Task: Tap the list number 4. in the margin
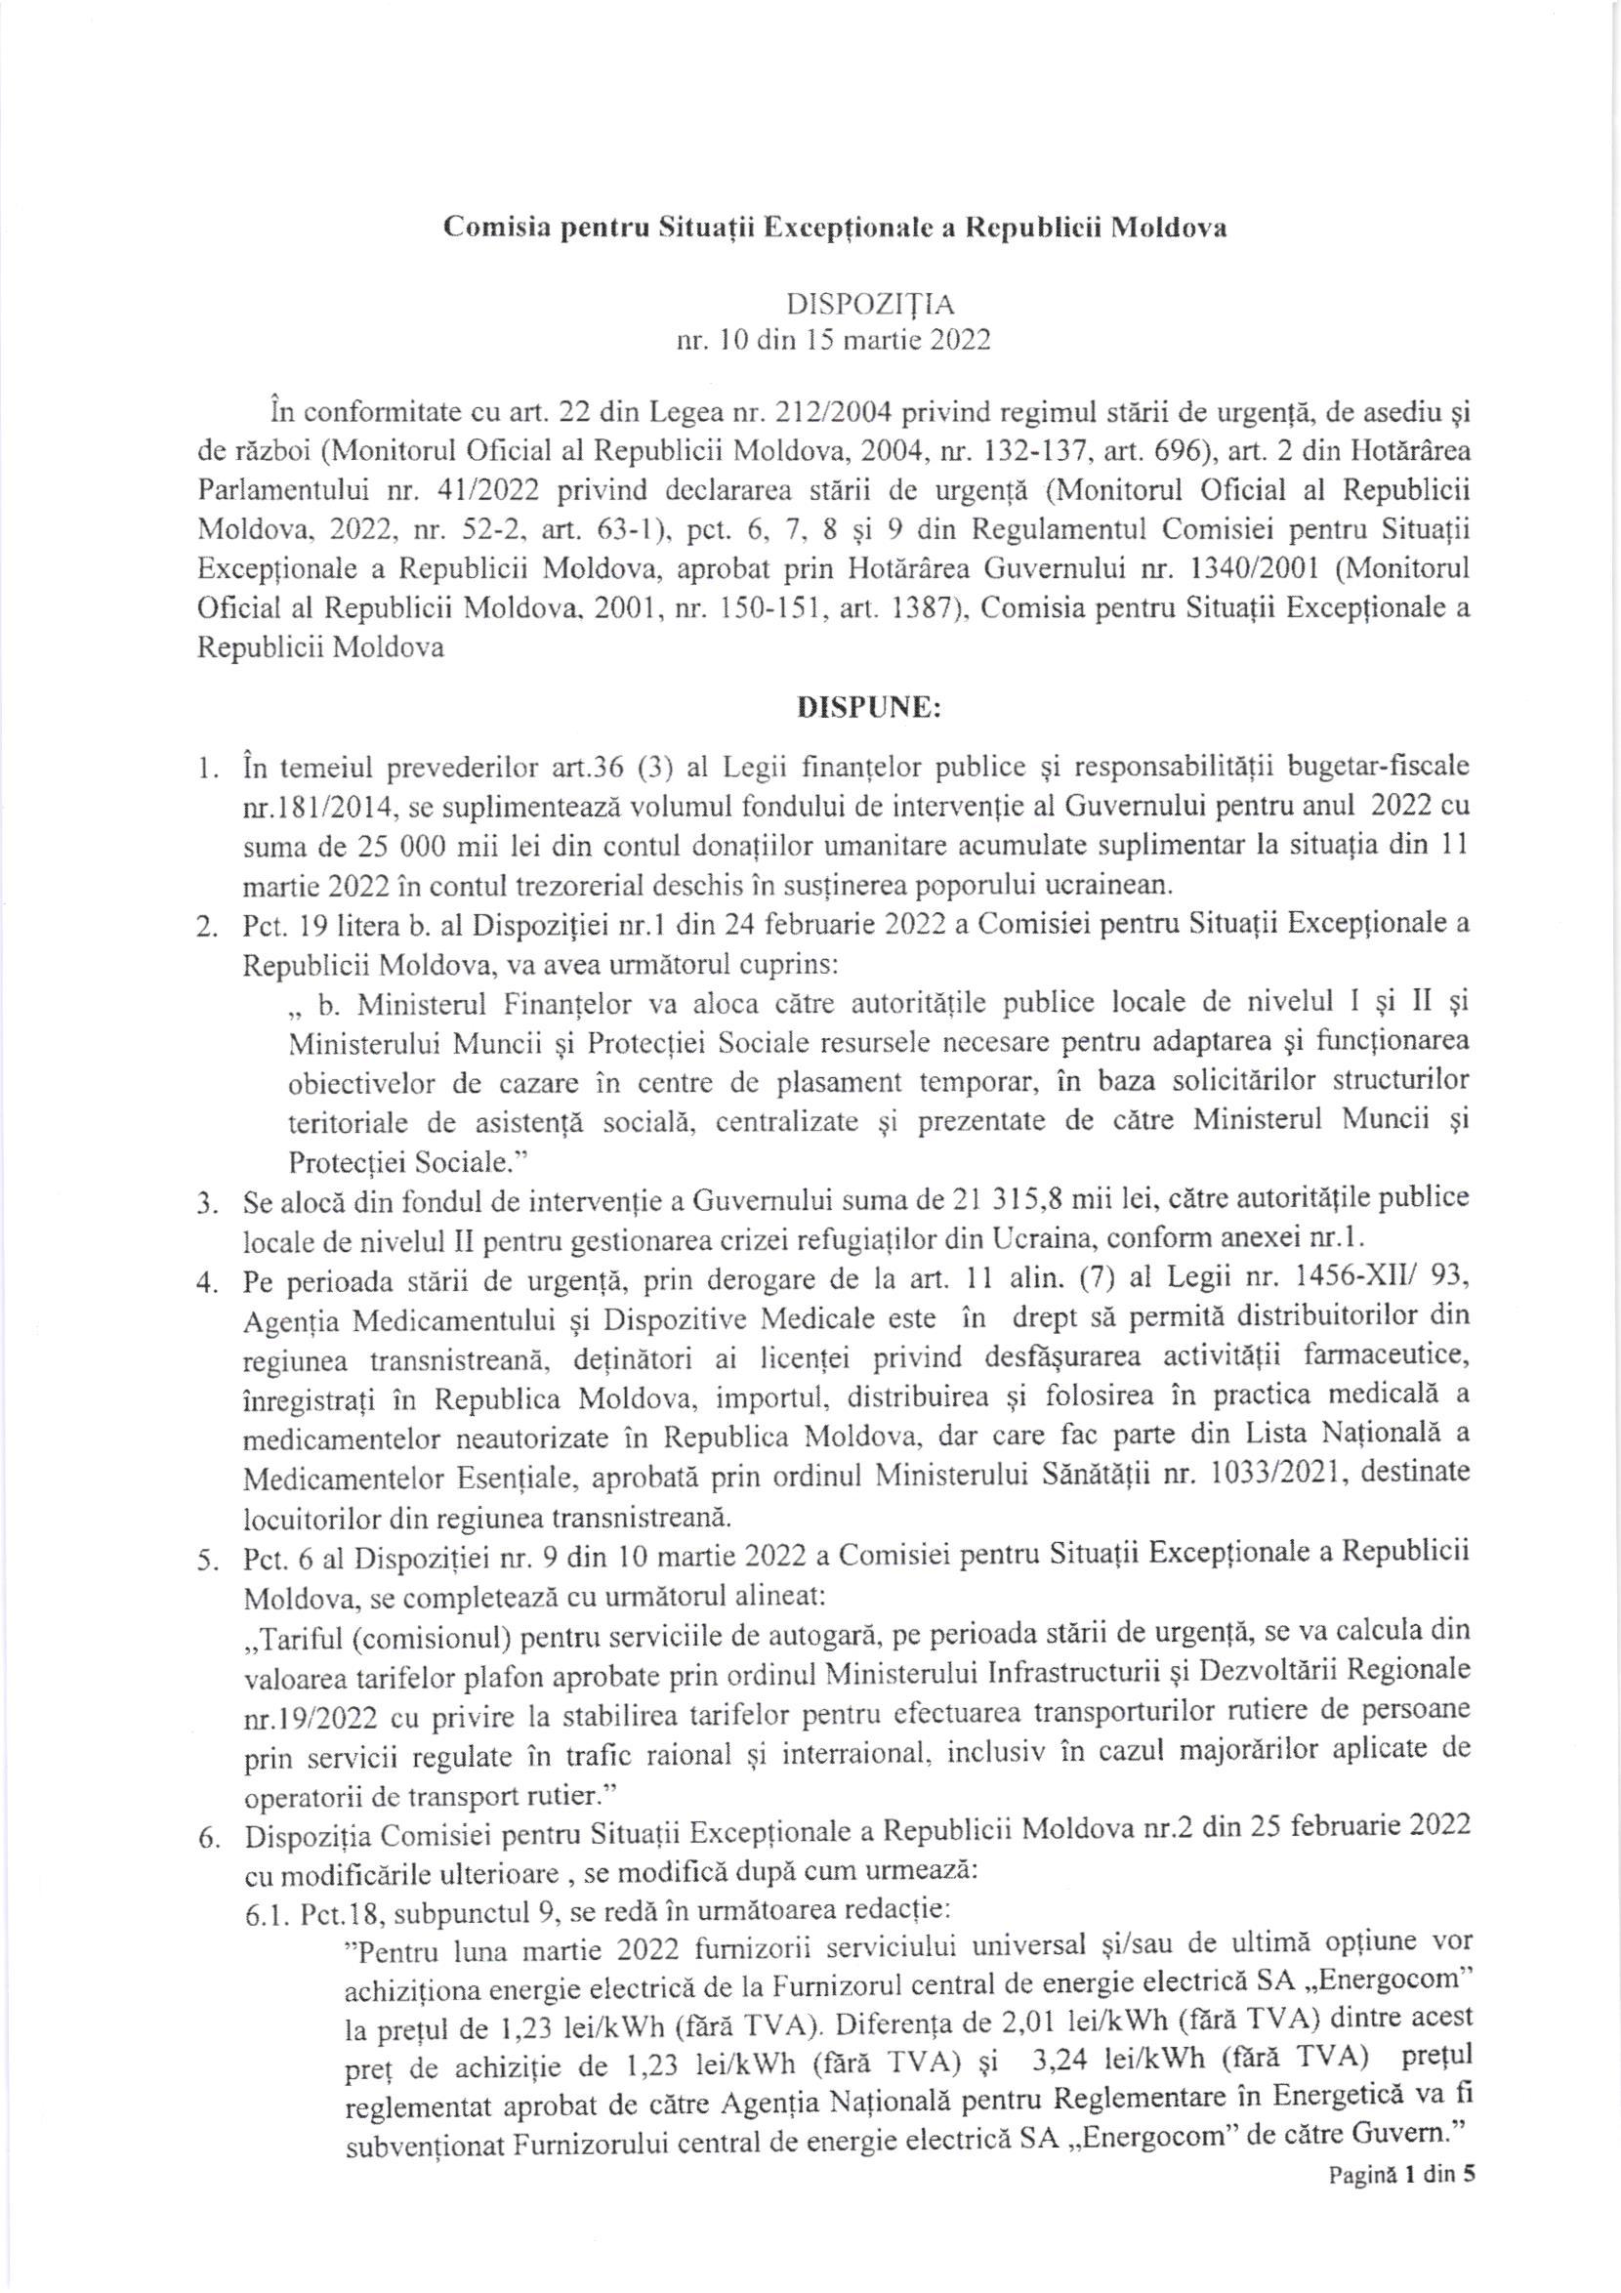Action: click(207, 1283)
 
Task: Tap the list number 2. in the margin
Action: click(207, 928)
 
